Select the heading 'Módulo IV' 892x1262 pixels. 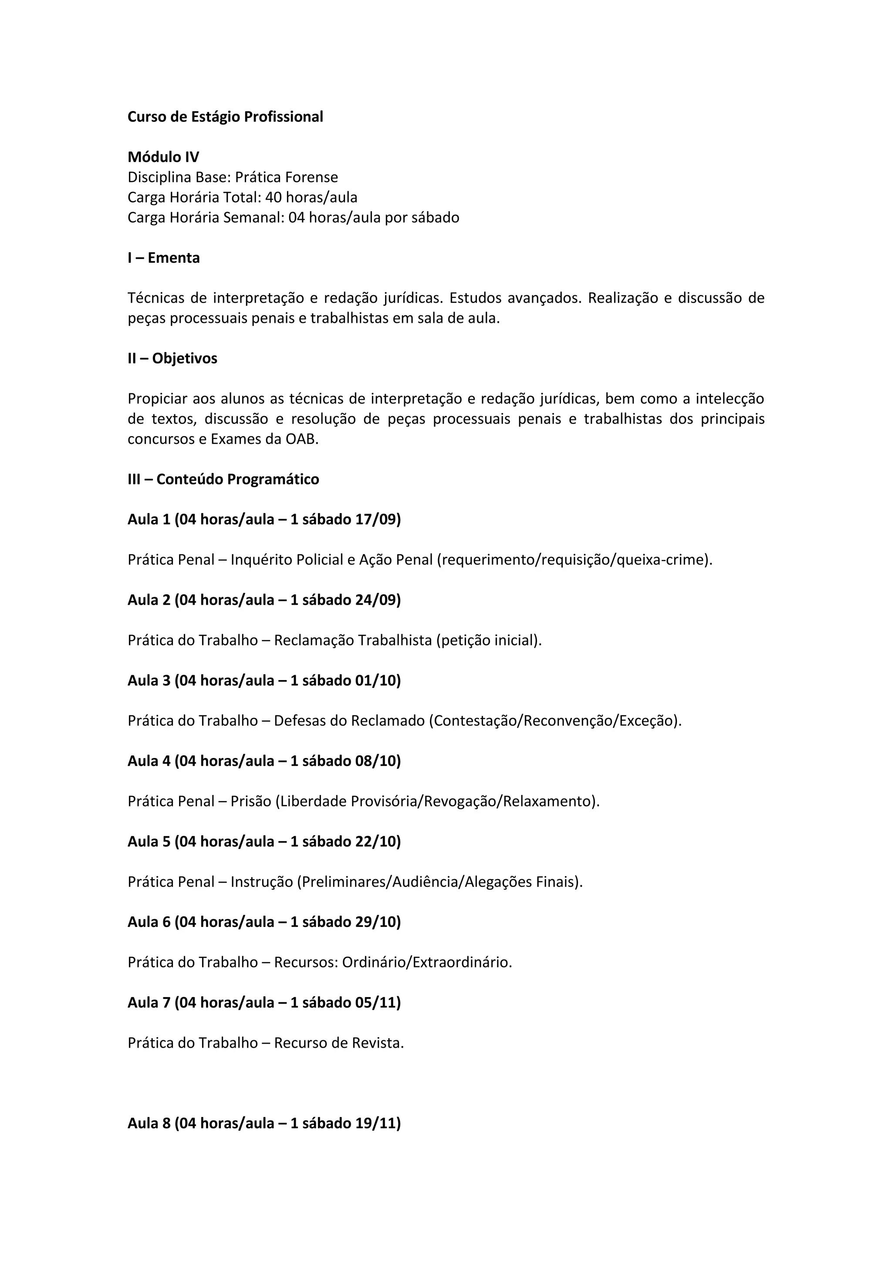(x=163, y=157)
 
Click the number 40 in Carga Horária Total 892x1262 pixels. (x=273, y=197)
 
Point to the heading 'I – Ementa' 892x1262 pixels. (x=163, y=258)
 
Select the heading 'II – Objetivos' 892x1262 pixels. (x=172, y=359)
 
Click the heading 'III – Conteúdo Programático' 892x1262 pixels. (x=223, y=479)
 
